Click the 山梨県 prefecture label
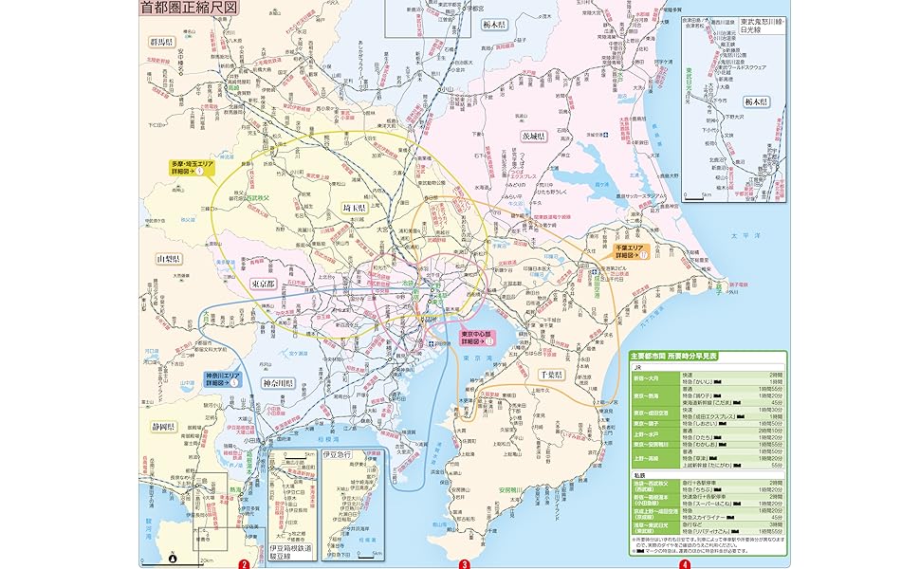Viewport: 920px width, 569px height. (171, 258)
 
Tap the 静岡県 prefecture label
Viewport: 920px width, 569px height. (162, 426)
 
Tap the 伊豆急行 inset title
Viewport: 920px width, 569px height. (338, 454)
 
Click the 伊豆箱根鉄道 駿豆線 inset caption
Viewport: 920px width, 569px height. (291, 552)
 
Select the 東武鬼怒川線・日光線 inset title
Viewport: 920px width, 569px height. (763, 25)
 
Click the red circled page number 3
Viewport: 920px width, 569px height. (465, 563)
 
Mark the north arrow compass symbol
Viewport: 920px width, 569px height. (172, 558)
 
